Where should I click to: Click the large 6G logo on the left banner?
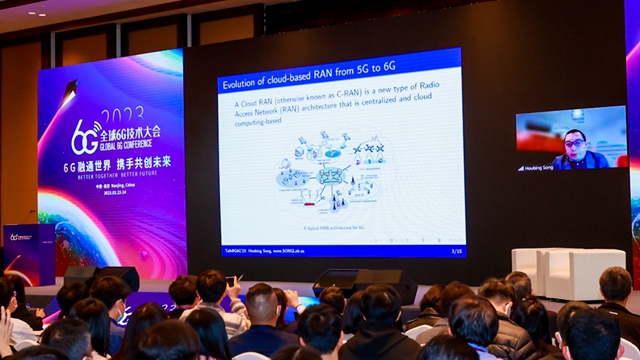[x=85, y=134]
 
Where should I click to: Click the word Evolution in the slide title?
[x=243, y=83]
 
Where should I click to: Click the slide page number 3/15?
[x=456, y=250]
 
